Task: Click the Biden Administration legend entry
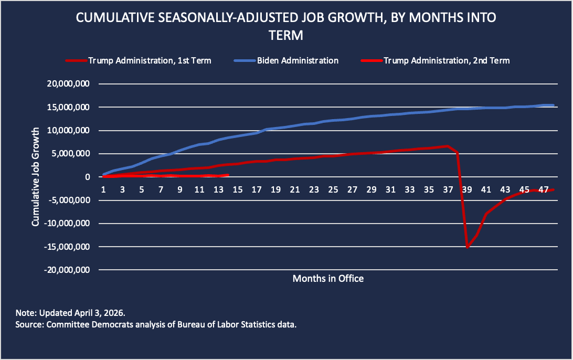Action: tap(298, 60)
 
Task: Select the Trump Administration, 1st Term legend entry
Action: tap(150, 60)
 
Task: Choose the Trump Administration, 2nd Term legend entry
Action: tap(447, 60)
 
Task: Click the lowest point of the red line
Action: tap(467, 247)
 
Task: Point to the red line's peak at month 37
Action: tap(448, 146)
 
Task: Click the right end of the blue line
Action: tap(553, 105)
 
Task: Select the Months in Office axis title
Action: tap(328, 278)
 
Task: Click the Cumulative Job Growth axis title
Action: tap(36, 177)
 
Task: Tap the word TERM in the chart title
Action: tap(286, 36)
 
